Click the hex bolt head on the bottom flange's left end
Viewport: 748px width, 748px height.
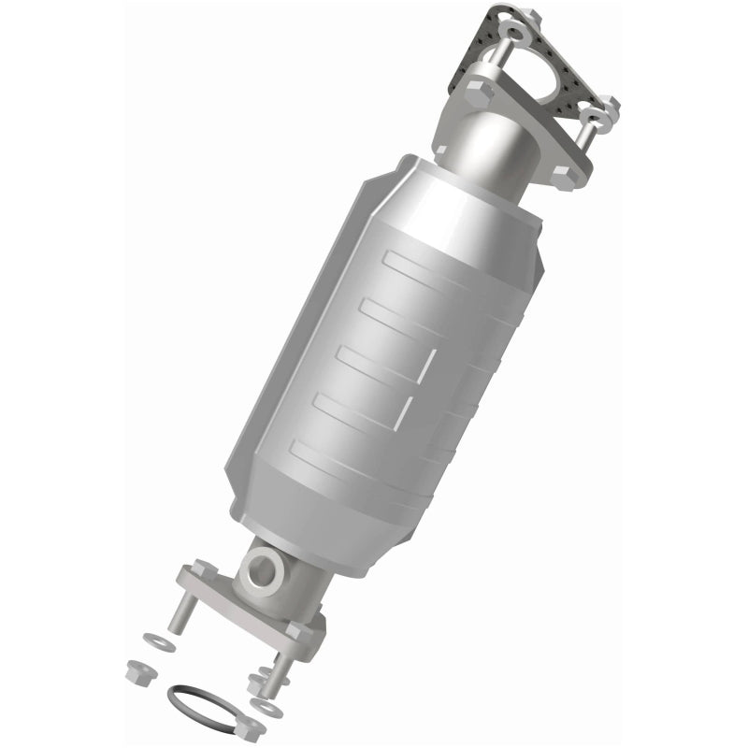[202, 571]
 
